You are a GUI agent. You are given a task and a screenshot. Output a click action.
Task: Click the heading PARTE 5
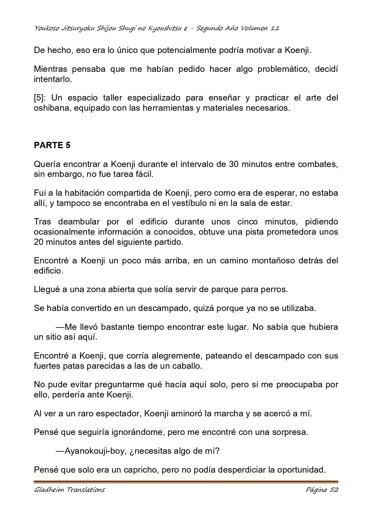coord(52,145)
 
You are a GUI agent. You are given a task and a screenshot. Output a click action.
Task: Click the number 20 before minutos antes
coord(39,242)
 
